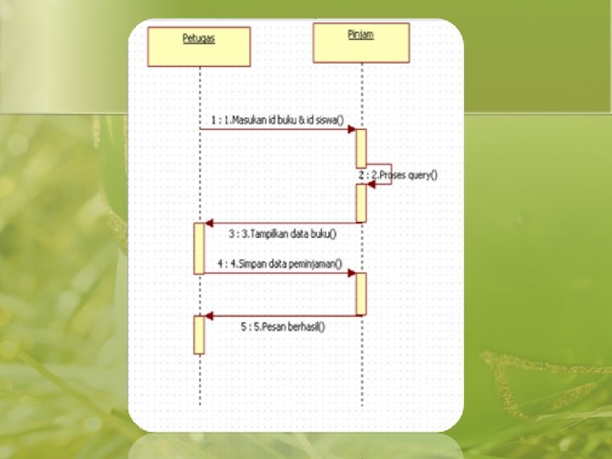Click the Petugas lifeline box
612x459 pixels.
(x=199, y=47)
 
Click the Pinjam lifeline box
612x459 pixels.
(x=360, y=42)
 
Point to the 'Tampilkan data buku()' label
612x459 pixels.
(x=281, y=234)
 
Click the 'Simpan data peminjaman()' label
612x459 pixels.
(x=279, y=263)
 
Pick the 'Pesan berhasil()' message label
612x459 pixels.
(x=283, y=326)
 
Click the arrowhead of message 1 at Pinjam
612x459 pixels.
(x=351, y=129)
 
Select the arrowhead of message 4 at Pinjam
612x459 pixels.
(x=351, y=274)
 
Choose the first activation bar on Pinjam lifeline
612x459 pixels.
(x=361, y=148)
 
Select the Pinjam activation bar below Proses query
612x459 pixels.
(x=361, y=203)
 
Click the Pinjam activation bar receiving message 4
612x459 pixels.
(x=361, y=293)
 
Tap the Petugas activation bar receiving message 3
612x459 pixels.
(x=199, y=247)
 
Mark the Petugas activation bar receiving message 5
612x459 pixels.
(x=199, y=334)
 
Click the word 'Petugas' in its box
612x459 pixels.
(x=199, y=38)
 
